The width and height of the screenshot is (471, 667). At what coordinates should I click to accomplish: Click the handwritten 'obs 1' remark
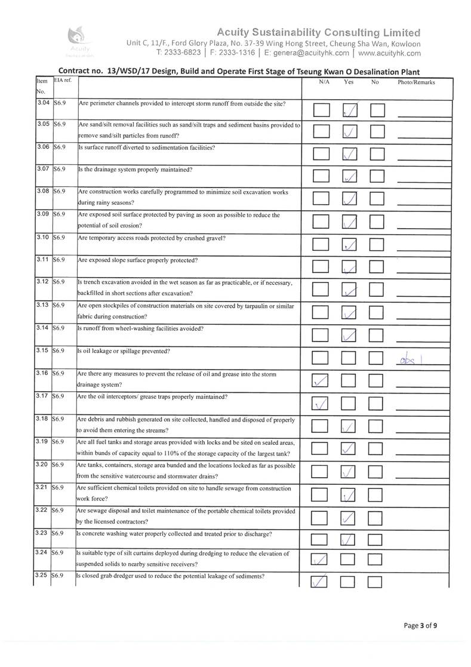(412, 358)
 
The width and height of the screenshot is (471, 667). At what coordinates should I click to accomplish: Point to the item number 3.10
(42, 238)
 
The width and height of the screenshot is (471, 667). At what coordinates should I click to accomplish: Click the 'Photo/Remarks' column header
(415, 82)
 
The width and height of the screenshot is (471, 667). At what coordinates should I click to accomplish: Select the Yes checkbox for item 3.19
(349, 448)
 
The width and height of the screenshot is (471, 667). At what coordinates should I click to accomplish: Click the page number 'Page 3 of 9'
(421, 625)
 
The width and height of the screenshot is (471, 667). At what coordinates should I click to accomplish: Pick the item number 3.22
(42, 510)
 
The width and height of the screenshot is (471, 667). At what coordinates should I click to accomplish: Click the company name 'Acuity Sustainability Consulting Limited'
(318, 32)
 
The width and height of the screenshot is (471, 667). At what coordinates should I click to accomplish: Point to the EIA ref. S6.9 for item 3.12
(59, 282)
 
